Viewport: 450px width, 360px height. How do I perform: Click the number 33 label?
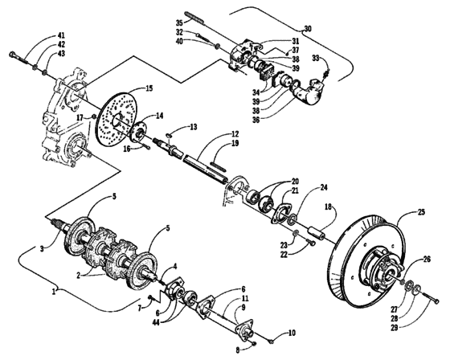tap(316, 57)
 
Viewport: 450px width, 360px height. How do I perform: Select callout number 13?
tap(194, 127)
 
